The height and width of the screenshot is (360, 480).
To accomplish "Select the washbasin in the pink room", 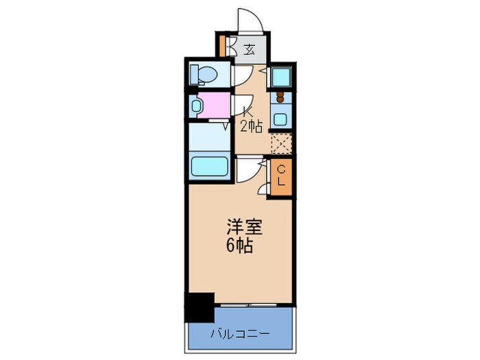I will point(197,106).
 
